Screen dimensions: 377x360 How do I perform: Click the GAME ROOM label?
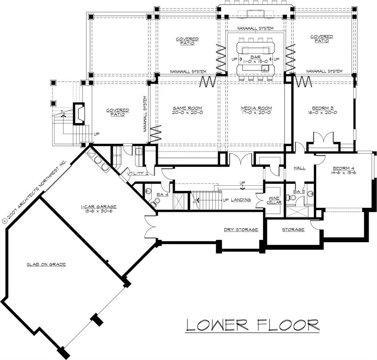point(187,110)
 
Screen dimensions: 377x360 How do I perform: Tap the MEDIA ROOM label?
point(257,110)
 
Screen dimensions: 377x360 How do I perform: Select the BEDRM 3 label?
point(324,110)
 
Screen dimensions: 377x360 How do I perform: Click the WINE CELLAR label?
point(274,200)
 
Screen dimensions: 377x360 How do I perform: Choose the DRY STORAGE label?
point(241,230)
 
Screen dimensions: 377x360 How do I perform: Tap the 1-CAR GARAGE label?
point(98,209)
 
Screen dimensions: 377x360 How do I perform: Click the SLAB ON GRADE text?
point(46,264)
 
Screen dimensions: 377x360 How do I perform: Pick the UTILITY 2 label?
point(138,173)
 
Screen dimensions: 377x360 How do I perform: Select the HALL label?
point(299,168)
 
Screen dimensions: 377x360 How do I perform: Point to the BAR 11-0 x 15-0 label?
point(255,59)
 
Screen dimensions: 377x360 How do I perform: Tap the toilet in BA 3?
point(292,197)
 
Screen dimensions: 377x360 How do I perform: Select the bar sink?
point(265,68)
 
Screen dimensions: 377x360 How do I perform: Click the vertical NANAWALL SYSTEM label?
point(145,114)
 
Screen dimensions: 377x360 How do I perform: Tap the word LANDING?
point(241,200)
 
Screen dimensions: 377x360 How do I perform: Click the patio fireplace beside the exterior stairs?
point(79,114)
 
